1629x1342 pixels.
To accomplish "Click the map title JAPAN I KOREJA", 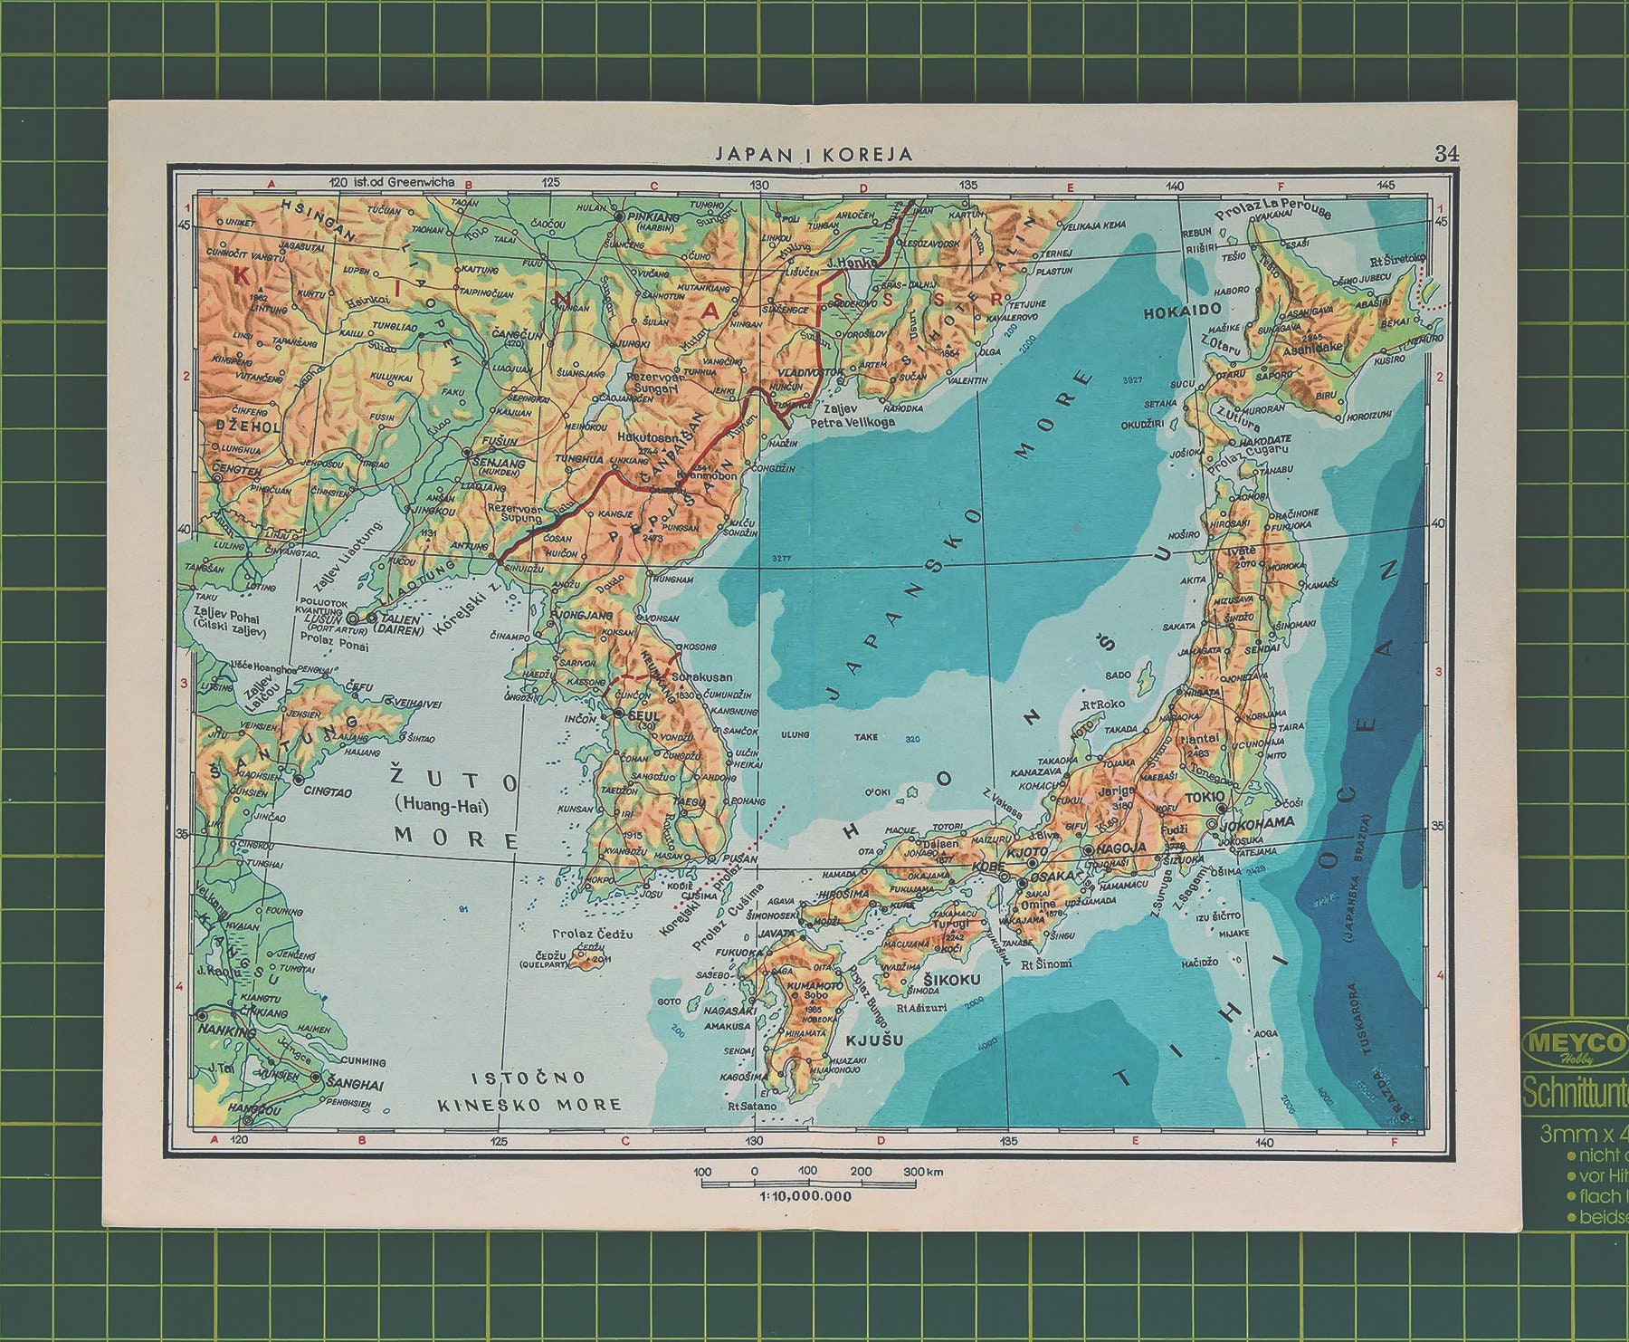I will click(x=814, y=154).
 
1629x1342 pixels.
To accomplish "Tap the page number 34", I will click(x=1446, y=153).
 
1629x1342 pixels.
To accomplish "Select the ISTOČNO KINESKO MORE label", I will click(x=529, y=1090).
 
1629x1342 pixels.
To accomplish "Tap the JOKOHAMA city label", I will click(x=1257, y=823).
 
